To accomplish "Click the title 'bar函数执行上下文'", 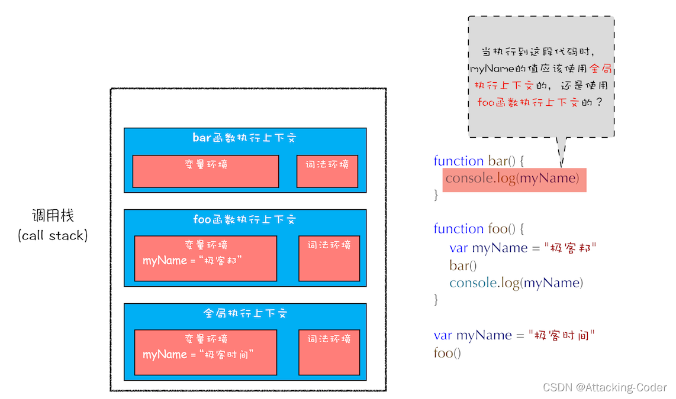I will (x=244, y=138).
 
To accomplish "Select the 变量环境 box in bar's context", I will (x=205, y=171).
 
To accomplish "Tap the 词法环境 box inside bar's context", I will (x=327, y=171).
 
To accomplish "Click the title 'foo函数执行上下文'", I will (x=244, y=220).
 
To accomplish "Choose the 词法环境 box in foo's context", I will (x=329, y=258).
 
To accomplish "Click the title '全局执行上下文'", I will (x=244, y=313).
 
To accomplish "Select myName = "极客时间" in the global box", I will (x=198, y=355).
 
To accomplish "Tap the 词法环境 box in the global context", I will (x=329, y=352).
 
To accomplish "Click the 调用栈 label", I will (x=53, y=216).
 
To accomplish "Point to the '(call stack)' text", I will (x=53, y=235).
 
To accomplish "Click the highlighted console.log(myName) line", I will (x=512, y=178).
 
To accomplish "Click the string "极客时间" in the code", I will (x=561, y=335).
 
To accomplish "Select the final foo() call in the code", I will (x=447, y=353).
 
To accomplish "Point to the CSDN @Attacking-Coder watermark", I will (x=604, y=387).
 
